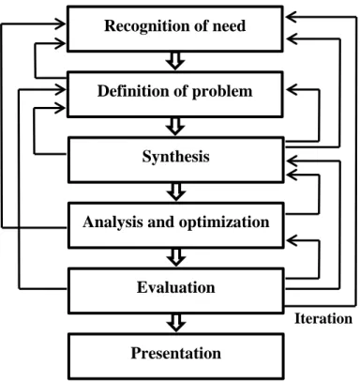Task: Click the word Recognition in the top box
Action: [147, 26]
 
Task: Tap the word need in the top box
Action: [229, 25]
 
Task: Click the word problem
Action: [222, 92]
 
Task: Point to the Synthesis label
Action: [176, 157]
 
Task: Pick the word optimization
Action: [224, 222]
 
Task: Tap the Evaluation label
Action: [176, 287]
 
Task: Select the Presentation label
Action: [176, 353]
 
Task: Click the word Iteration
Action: [323, 319]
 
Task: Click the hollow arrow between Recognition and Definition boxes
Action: [175, 61]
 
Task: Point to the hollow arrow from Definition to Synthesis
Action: [175, 127]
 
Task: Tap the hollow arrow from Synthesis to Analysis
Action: [176, 191]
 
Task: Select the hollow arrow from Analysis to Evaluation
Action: [176, 257]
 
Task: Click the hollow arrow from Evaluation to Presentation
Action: [176, 323]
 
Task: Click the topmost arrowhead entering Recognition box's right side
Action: [291, 17]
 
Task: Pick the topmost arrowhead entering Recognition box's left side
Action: [60, 23]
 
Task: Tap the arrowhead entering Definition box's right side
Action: [292, 90]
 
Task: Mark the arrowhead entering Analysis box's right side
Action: [292, 240]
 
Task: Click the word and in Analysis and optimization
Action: [160, 222]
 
